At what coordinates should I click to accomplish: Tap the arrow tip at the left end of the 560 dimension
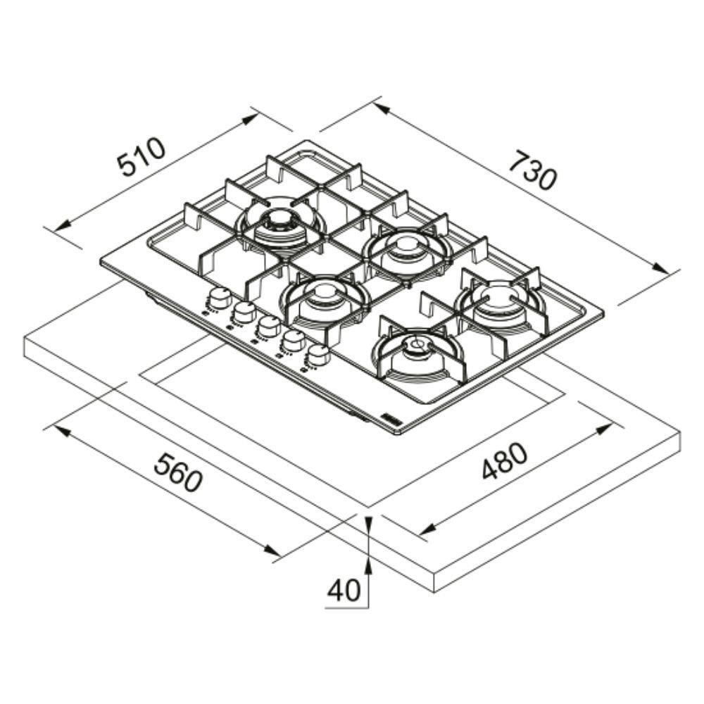tap(55, 426)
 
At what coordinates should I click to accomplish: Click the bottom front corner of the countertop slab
tap(434, 593)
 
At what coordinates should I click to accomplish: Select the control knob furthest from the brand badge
tap(219, 298)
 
